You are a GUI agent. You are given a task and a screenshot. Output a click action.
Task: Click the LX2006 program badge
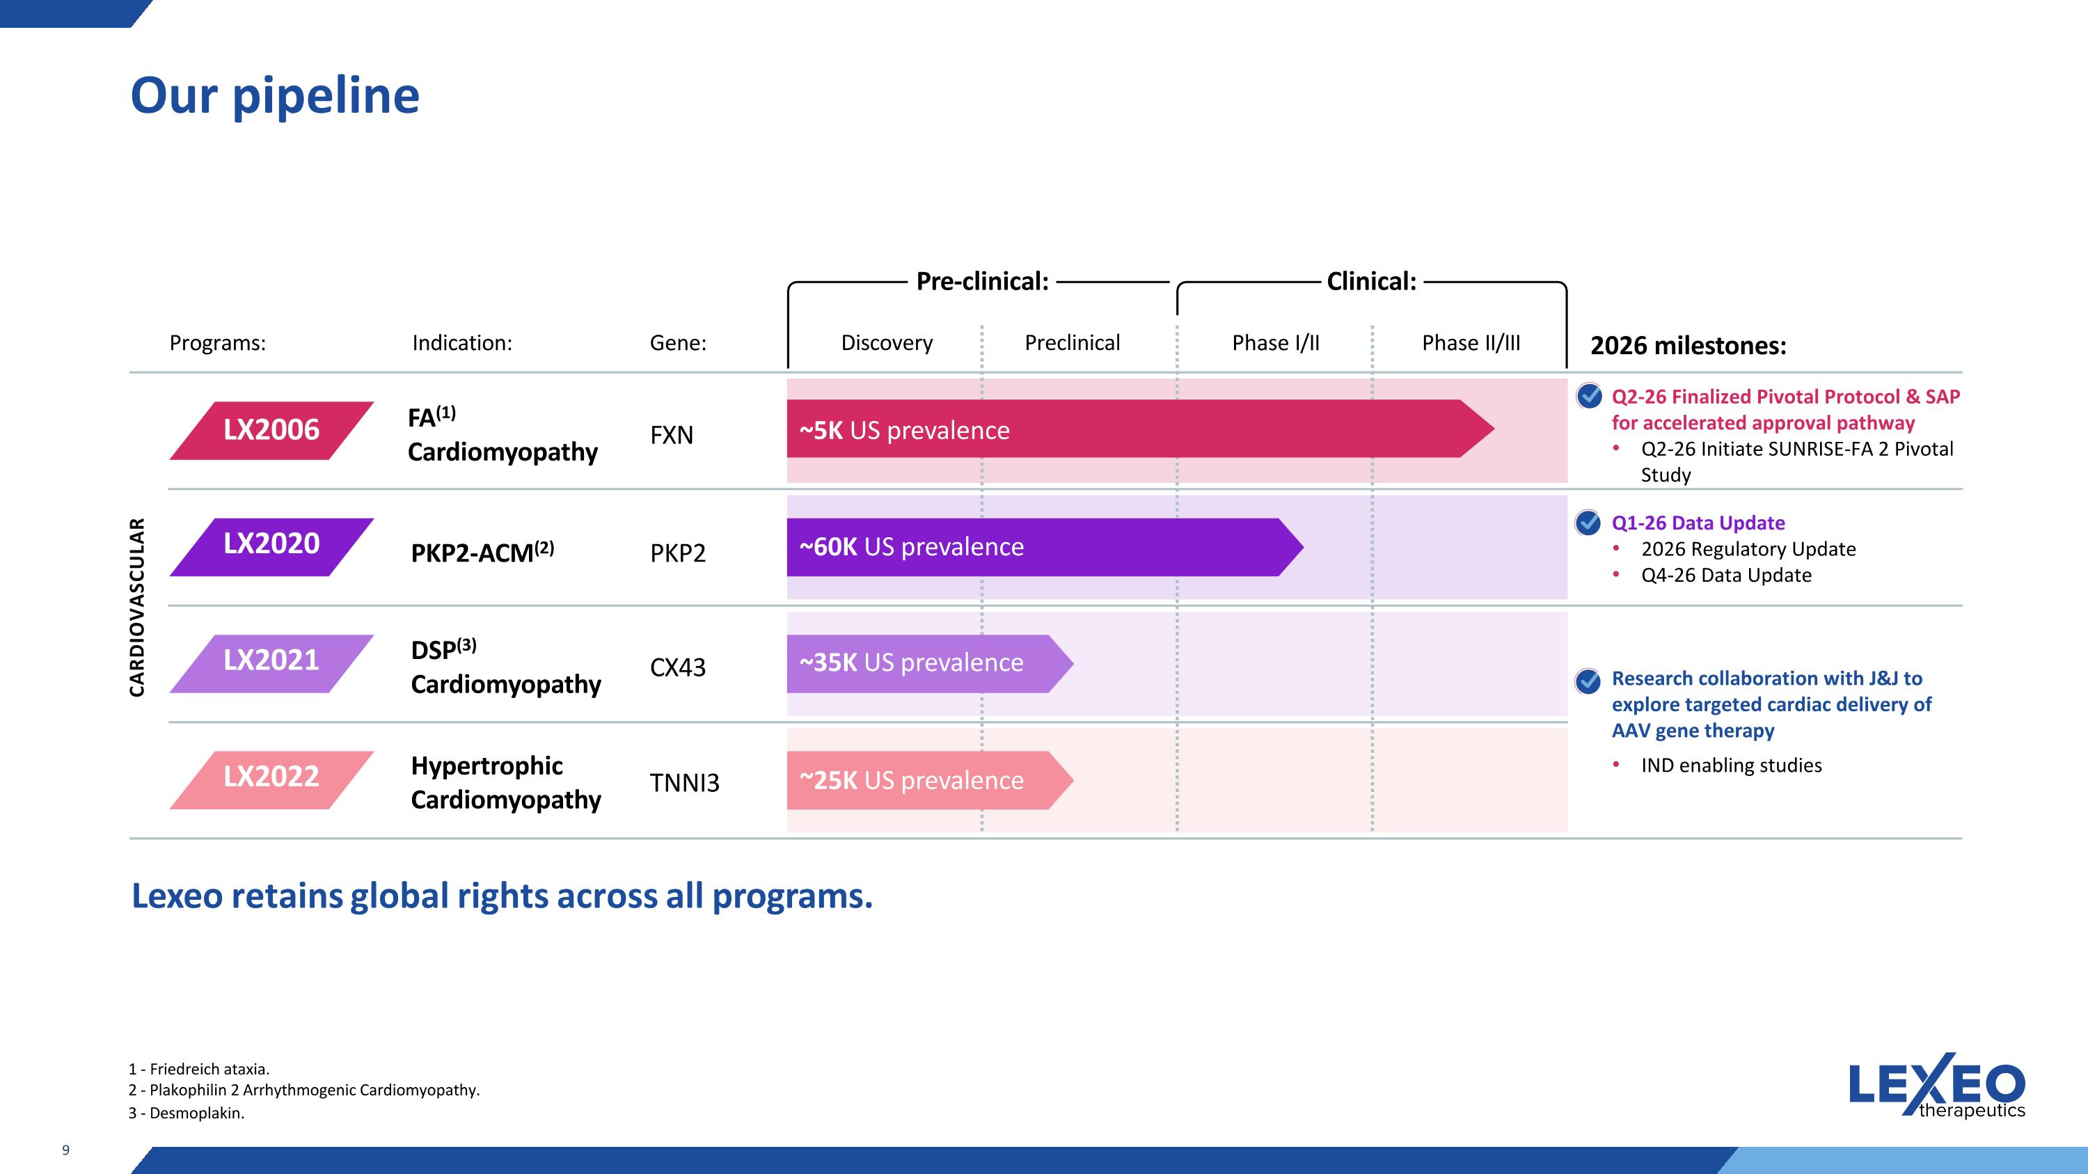point(271,430)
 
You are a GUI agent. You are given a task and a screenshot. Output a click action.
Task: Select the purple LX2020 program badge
point(271,547)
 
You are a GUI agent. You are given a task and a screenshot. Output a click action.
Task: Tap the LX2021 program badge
point(271,664)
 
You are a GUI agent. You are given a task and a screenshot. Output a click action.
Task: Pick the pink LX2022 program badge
point(271,779)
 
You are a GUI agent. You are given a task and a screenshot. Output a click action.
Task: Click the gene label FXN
point(672,435)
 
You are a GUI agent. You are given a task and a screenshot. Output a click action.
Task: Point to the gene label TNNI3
point(685,783)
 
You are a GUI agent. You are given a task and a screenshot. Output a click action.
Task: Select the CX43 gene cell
point(678,667)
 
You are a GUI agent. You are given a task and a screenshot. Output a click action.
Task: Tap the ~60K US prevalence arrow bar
point(1045,547)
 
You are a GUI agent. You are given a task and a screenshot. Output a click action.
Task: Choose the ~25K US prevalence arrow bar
point(930,780)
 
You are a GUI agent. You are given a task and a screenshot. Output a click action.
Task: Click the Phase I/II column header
point(1276,342)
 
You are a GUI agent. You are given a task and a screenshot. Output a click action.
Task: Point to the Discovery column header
point(887,342)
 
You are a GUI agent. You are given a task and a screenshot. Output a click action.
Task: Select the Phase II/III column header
point(1471,342)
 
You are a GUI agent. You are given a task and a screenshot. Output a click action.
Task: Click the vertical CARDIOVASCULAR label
point(137,607)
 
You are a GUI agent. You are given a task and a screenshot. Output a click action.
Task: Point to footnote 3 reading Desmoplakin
point(187,1113)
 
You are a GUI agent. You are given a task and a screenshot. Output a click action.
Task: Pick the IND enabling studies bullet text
point(1732,766)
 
